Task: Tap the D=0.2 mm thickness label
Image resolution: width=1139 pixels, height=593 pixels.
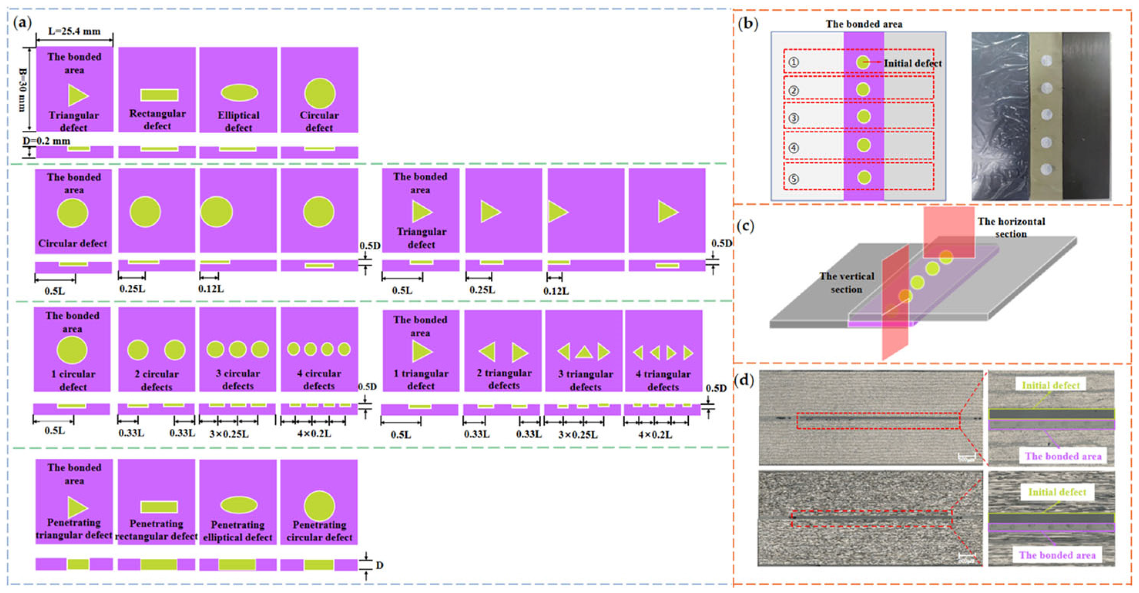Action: (x=47, y=141)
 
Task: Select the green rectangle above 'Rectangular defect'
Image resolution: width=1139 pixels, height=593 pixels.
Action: (x=159, y=95)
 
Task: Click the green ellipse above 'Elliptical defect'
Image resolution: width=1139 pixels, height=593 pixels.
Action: (x=239, y=92)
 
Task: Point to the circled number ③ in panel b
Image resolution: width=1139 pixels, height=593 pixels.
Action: (x=793, y=119)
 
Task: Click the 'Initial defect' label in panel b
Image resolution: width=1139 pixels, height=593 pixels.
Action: (x=913, y=63)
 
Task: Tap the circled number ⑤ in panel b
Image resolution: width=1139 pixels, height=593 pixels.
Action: (x=793, y=179)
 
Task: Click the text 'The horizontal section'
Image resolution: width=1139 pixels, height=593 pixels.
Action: (x=1011, y=227)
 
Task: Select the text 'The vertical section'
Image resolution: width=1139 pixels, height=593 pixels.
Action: (x=846, y=283)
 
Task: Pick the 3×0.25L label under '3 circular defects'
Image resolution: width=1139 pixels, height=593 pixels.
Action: (x=228, y=434)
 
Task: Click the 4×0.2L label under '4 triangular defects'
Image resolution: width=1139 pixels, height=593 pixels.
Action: (x=655, y=435)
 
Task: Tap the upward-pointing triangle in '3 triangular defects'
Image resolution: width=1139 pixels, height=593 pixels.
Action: (x=584, y=352)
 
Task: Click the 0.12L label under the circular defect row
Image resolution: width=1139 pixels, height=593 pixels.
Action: (x=211, y=289)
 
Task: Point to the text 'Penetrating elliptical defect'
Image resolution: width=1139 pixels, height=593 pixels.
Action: (x=238, y=531)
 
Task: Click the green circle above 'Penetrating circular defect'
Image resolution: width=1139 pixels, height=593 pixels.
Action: (x=319, y=506)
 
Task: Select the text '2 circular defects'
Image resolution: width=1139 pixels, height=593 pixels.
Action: (x=156, y=380)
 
